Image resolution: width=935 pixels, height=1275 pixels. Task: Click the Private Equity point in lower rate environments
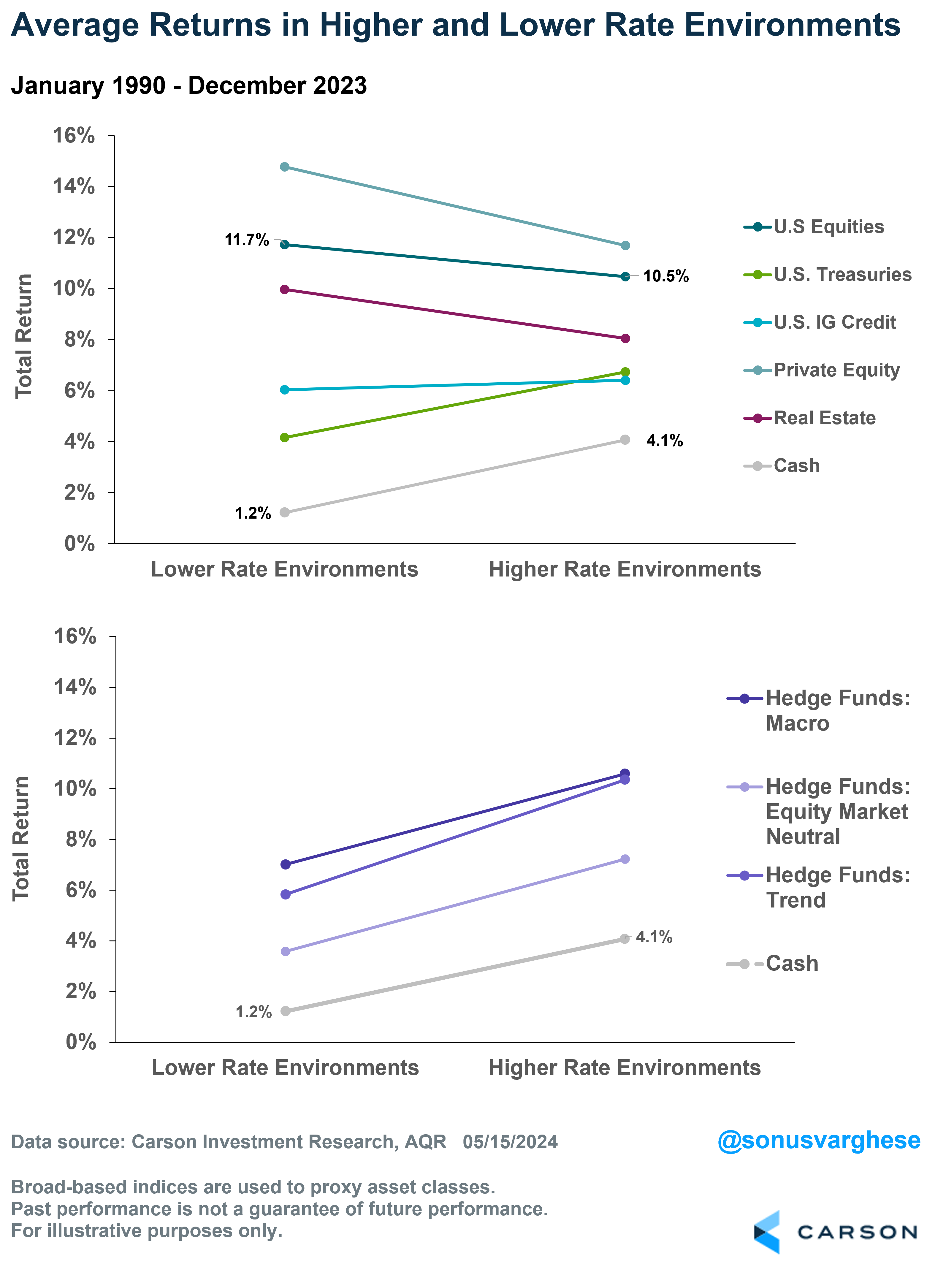[285, 167]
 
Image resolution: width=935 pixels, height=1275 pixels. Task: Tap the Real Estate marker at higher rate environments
[625, 338]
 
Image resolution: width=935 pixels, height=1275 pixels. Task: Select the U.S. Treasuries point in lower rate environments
[285, 438]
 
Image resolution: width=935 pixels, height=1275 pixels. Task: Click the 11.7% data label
[247, 240]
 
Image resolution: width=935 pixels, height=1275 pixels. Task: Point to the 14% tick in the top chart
[74, 186]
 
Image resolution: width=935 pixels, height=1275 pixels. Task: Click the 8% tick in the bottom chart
[80, 839]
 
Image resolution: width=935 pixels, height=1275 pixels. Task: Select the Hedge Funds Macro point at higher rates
[625, 774]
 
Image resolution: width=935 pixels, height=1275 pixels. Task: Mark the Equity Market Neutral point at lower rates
[285, 951]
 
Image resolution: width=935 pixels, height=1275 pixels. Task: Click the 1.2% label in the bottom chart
[253, 1012]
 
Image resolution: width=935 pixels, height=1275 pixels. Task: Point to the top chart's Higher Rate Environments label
[625, 569]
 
